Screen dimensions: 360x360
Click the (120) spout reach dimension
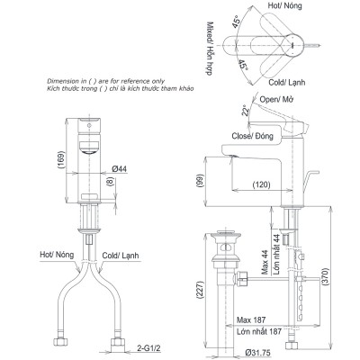tap(261, 184)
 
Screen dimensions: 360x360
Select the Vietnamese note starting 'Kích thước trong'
tap(105, 91)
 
